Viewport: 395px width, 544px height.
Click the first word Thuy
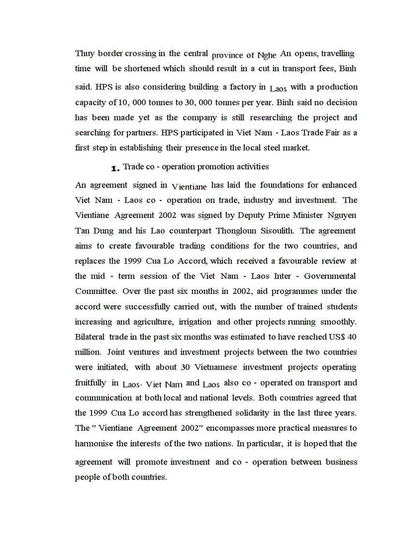[85, 53]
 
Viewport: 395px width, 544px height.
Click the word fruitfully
[91, 383]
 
